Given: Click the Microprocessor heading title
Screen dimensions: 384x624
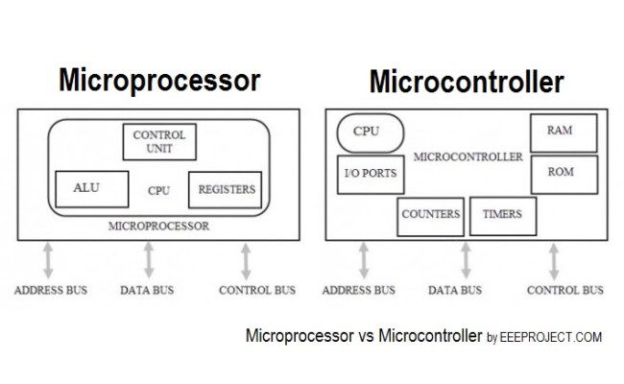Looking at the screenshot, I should [x=159, y=81].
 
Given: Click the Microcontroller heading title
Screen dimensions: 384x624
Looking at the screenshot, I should [x=467, y=83].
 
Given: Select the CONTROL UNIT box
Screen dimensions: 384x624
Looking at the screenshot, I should [x=158, y=142].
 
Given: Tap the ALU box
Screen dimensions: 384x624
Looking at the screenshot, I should [x=85, y=189].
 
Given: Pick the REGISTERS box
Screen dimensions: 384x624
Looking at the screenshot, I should [x=226, y=190].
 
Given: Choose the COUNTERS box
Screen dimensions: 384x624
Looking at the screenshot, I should [x=430, y=215].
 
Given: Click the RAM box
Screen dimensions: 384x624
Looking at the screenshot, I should [x=564, y=131].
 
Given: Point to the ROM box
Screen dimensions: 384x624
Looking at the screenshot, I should [x=564, y=173].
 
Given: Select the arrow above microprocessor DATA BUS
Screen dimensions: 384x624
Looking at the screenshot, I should [x=148, y=260].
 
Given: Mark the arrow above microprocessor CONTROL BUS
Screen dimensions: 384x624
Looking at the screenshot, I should [x=247, y=260].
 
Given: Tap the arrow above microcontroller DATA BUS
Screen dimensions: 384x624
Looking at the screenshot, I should [x=467, y=260].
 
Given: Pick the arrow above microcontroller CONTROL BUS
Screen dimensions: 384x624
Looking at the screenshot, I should [x=554, y=260].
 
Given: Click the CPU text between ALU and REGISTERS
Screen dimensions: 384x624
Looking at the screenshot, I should [x=158, y=191].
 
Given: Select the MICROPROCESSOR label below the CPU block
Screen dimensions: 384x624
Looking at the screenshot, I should [x=158, y=227].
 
